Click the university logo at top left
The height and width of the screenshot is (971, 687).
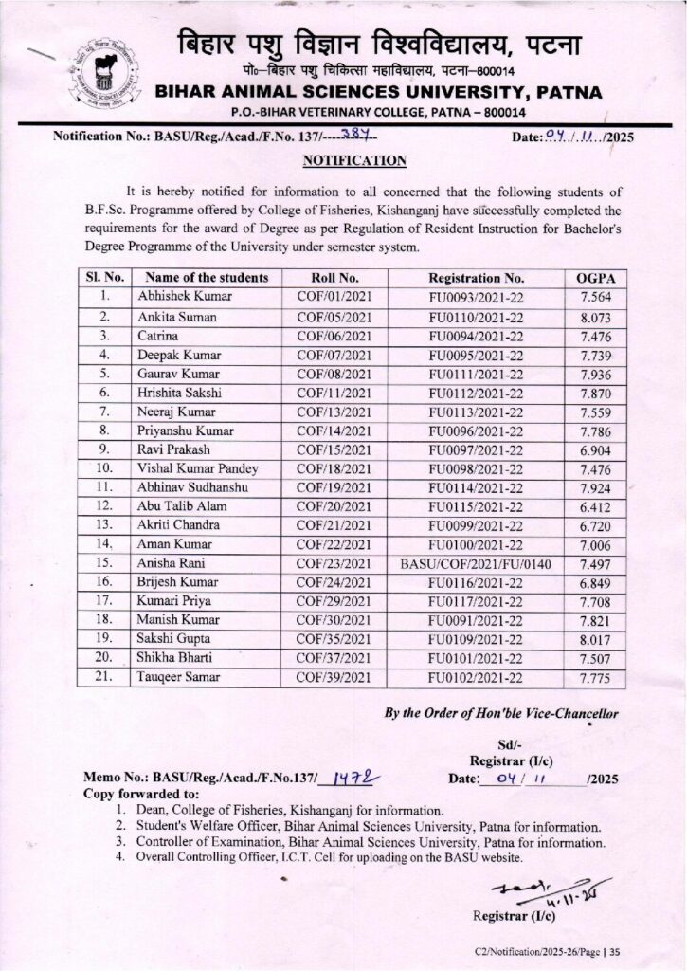pos(106,71)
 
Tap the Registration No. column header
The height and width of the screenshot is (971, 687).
pos(476,278)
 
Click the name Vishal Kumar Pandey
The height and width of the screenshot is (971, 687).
pos(197,468)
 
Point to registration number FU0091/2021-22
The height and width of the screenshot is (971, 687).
pos(476,620)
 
